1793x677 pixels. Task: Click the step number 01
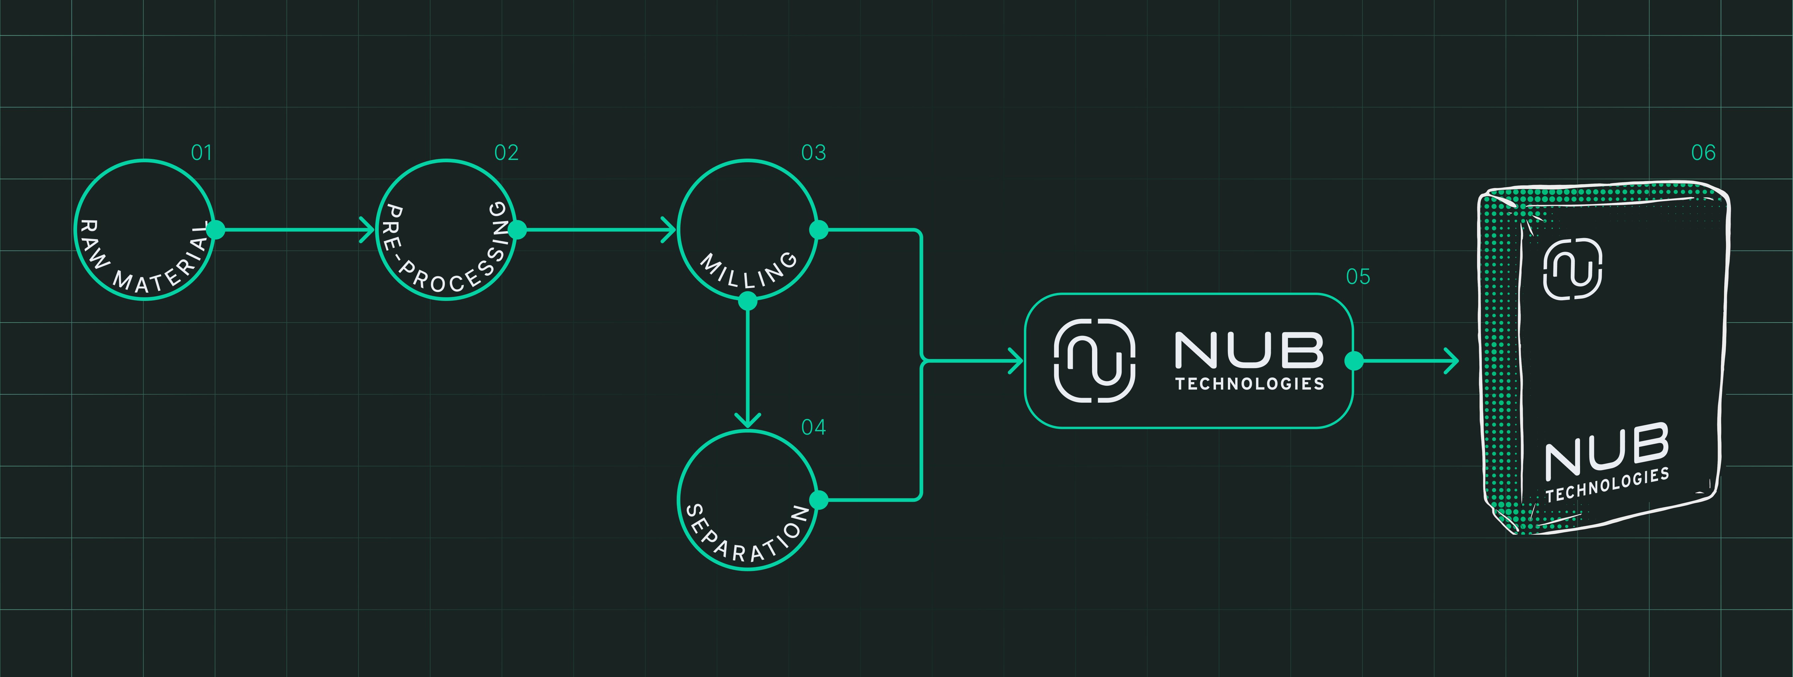point(201,153)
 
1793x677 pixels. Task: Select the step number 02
point(506,153)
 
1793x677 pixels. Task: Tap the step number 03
point(813,153)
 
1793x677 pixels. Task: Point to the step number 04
point(813,427)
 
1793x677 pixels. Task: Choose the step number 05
point(1357,277)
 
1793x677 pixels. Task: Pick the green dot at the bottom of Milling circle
point(747,301)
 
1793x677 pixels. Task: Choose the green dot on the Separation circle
point(819,499)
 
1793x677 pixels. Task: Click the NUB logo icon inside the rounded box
point(1094,361)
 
